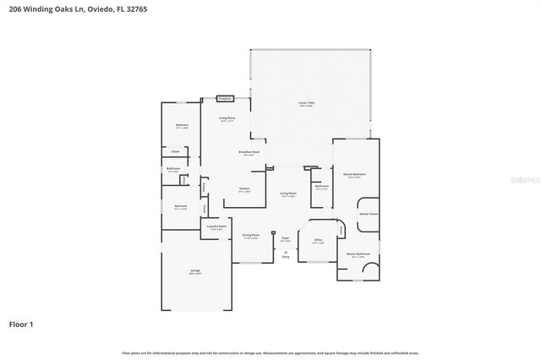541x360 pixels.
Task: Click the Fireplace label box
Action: [x=225, y=98]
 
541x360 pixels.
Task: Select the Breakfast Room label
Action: [x=250, y=154]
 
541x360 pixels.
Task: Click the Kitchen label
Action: [x=243, y=189]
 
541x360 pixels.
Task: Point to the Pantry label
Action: [x=205, y=187]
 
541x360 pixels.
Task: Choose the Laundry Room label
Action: [x=216, y=227]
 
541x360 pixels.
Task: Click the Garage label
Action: [x=195, y=272]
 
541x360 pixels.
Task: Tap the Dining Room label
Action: [x=250, y=236]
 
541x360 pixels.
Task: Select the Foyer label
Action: [x=285, y=239]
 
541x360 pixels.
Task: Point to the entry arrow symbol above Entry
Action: [x=285, y=250]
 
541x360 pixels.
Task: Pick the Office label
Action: [x=319, y=241]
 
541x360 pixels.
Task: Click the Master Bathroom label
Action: [x=358, y=254]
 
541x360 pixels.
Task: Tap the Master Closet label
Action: [x=369, y=214]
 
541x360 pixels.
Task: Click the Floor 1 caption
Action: [x=21, y=324]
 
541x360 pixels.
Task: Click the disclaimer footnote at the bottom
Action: [x=270, y=352]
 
